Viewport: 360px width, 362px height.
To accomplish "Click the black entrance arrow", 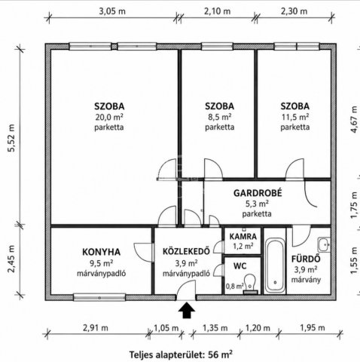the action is click(187, 310).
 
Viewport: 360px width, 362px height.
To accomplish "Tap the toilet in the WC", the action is click(250, 284).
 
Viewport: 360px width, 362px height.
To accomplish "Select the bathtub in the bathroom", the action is click(275, 265).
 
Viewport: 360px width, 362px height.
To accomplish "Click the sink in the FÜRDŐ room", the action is click(324, 244).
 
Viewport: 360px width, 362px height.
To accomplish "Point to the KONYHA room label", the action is click(101, 252).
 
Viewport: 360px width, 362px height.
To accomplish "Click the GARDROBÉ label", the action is click(258, 193).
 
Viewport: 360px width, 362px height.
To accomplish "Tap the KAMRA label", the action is click(243, 237).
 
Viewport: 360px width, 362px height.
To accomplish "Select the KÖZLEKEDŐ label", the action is click(186, 251).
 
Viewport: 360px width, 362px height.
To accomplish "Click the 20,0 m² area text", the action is click(109, 117).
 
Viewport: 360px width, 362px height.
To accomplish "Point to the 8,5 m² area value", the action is click(219, 117).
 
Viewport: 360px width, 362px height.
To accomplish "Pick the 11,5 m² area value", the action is click(295, 117).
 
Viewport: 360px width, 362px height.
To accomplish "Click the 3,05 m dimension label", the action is click(112, 11).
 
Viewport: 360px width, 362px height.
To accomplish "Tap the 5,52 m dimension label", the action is click(11, 138).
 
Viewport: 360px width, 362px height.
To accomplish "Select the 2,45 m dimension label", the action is click(11, 259).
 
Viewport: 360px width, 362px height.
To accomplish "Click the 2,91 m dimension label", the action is click(96, 328).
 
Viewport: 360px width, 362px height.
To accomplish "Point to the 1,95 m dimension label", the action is click(313, 328).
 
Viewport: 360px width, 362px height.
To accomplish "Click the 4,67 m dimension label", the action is click(354, 119).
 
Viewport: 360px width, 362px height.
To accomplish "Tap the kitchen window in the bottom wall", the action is click(99, 298).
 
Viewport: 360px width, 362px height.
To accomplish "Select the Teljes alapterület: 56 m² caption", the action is click(181, 354).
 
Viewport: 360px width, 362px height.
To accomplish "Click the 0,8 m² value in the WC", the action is click(235, 286).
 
